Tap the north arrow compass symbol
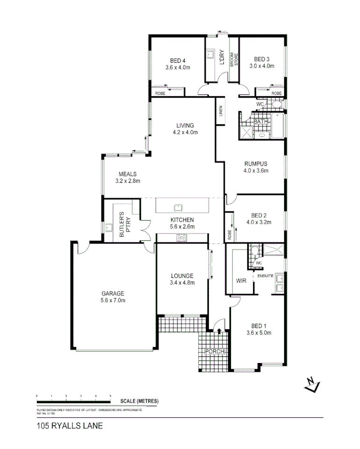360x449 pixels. tap(310, 384)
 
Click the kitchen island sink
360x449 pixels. tap(178, 207)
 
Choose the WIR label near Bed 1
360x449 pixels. tap(241, 281)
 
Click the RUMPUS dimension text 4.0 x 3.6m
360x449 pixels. tap(255, 171)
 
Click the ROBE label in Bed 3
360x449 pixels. tap(277, 93)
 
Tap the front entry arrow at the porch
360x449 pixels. tap(220, 330)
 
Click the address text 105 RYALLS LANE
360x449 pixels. tap(70, 426)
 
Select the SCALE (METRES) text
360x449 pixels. tap(139, 401)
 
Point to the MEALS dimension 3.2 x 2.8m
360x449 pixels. tap(128, 180)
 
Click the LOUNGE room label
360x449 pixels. tap(182, 276)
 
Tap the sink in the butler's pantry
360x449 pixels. tap(109, 228)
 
